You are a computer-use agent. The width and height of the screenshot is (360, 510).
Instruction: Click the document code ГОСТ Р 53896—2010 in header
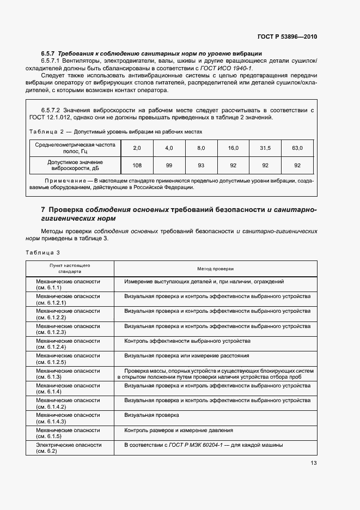point(287,37)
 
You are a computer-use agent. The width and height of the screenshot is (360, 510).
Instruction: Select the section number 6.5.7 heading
point(49,53)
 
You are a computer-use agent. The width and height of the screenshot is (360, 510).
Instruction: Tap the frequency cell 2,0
point(137,148)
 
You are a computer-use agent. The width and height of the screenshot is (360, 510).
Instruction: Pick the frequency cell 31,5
point(265,148)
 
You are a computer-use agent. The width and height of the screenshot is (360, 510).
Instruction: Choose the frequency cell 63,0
point(297,148)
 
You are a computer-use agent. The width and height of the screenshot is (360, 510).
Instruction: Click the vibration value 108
point(137,166)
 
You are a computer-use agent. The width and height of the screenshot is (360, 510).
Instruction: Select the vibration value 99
point(169,166)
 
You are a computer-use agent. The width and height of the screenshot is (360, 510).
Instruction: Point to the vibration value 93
point(201,166)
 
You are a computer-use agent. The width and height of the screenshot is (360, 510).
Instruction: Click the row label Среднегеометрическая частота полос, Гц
point(76,148)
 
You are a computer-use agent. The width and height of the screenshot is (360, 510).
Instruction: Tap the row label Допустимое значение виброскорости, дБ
point(76,166)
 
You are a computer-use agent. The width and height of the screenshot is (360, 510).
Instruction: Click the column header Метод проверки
point(215,269)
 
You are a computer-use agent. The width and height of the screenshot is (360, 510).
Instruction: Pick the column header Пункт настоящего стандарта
point(70,268)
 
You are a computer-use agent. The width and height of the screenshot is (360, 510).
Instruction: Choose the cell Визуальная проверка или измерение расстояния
point(186,355)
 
